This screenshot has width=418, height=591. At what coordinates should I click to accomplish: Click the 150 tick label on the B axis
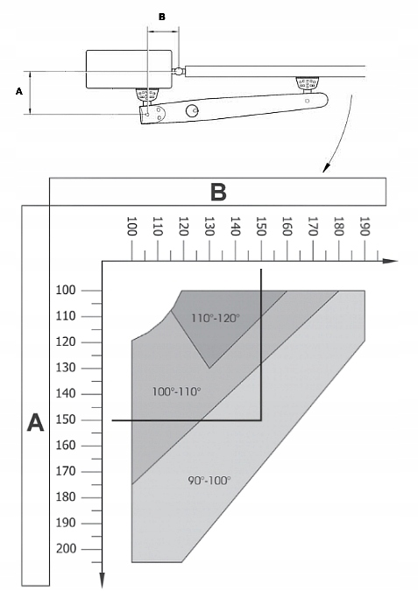[260, 226]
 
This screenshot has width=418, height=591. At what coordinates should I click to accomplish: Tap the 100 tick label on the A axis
[66, 290]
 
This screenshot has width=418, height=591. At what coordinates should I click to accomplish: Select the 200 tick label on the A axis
[66, 549]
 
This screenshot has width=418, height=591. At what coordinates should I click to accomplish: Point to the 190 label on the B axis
[364, 226]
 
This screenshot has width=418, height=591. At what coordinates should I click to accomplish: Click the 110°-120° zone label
[216, 318]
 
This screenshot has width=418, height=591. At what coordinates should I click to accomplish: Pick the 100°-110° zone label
[176, 391]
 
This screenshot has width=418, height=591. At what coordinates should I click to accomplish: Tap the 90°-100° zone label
[209, 481]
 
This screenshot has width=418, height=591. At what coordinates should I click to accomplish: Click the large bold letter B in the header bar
[218, 192]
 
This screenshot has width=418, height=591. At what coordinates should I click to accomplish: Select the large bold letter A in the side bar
[35, 422]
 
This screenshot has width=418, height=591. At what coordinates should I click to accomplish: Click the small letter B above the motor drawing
[162, 17]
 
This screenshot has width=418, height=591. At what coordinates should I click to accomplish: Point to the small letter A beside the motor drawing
[19, 91]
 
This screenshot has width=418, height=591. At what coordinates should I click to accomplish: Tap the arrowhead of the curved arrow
[326, 167]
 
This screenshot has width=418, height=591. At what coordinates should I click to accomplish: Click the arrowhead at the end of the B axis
[391, 261]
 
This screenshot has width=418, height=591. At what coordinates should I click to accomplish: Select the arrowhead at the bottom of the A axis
[102, 580]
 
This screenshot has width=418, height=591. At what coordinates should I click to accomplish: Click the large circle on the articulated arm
[193, 110]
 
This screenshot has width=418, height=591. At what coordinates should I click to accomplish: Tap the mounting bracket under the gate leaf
[307, 84]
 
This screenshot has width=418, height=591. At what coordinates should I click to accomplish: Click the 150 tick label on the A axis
[66, 419]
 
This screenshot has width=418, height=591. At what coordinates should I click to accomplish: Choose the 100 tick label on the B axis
[131, 226]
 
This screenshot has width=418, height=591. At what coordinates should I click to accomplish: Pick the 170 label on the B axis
[312, 226]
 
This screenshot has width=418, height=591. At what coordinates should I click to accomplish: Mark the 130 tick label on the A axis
[66, 368]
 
